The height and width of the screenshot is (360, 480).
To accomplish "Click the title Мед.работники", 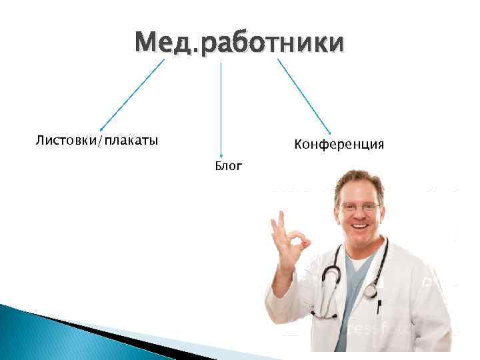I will (x=239, y=43).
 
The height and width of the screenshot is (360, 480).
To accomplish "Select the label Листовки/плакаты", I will (x=97, y=141).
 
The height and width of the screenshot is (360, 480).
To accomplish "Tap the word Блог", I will (x=228, y=165).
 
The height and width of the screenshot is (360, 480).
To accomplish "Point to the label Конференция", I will (x=339, y=144).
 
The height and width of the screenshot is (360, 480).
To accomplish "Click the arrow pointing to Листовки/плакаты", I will (x=131, y=95).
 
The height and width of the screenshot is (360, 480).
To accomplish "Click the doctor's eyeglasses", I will (x=360, y=207).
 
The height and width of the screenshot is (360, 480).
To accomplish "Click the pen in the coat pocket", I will (x=378, y=307).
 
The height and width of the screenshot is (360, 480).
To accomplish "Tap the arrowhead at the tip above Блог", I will (x=221, y=155).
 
